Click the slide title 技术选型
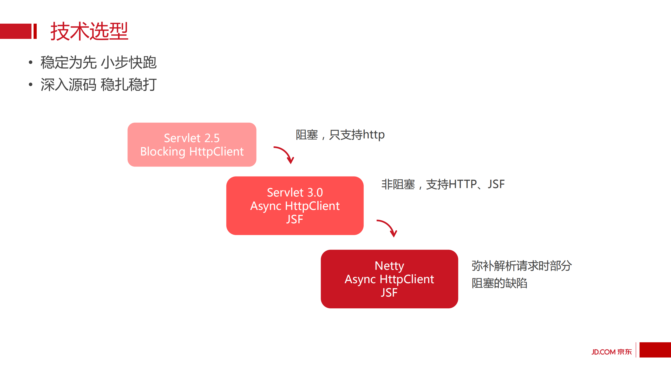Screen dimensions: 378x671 89,31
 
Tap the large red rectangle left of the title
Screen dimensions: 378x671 15,31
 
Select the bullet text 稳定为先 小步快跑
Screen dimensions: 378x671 98,63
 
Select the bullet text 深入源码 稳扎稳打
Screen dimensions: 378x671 98,85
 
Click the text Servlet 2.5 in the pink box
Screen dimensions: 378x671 192,138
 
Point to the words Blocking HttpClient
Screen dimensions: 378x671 192,152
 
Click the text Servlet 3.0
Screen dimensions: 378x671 295,192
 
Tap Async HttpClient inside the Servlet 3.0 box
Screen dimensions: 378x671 295,206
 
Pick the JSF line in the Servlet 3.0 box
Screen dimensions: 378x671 295,219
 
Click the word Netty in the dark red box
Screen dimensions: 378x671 389,266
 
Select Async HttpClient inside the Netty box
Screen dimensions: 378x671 389,279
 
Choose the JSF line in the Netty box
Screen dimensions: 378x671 389,293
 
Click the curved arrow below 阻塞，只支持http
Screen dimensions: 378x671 285,154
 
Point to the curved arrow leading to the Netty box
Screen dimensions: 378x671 388,227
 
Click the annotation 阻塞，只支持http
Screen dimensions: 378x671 340,135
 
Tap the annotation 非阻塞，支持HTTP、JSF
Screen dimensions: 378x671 443,184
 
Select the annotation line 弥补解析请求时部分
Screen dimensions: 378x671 521,266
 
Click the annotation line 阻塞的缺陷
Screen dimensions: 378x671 499,283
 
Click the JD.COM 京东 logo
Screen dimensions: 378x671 611,352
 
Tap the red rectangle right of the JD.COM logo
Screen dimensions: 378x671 655,350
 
